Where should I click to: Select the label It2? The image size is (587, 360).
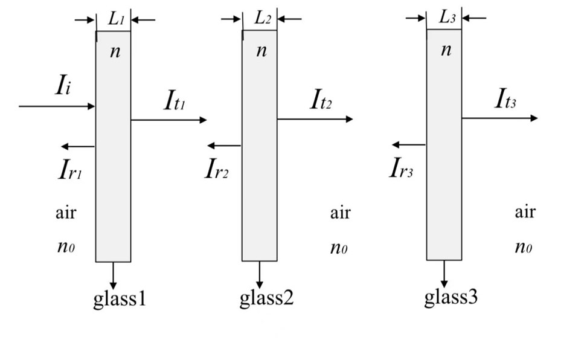(x=321, y=100)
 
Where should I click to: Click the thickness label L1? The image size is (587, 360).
(x=115, y=19)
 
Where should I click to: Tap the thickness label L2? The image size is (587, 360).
(x=262, y=18)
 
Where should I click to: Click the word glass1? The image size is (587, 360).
(x=120, y=299)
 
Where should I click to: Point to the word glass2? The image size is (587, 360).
(x=266, y=298)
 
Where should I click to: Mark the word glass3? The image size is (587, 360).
(x=451, y=297)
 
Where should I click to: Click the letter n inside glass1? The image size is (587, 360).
(x=115, y=52)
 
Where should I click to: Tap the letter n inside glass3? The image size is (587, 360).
(x=446, y=50)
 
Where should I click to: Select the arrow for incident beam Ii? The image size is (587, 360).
(x=57, y=107)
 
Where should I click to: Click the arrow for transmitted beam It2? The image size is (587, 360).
(x=315, y=120)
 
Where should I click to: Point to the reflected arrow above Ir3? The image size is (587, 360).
(x=409, y=145)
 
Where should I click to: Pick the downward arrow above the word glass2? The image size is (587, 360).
(x=260, y=275)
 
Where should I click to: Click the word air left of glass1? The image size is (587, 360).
(x=66, y=213)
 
